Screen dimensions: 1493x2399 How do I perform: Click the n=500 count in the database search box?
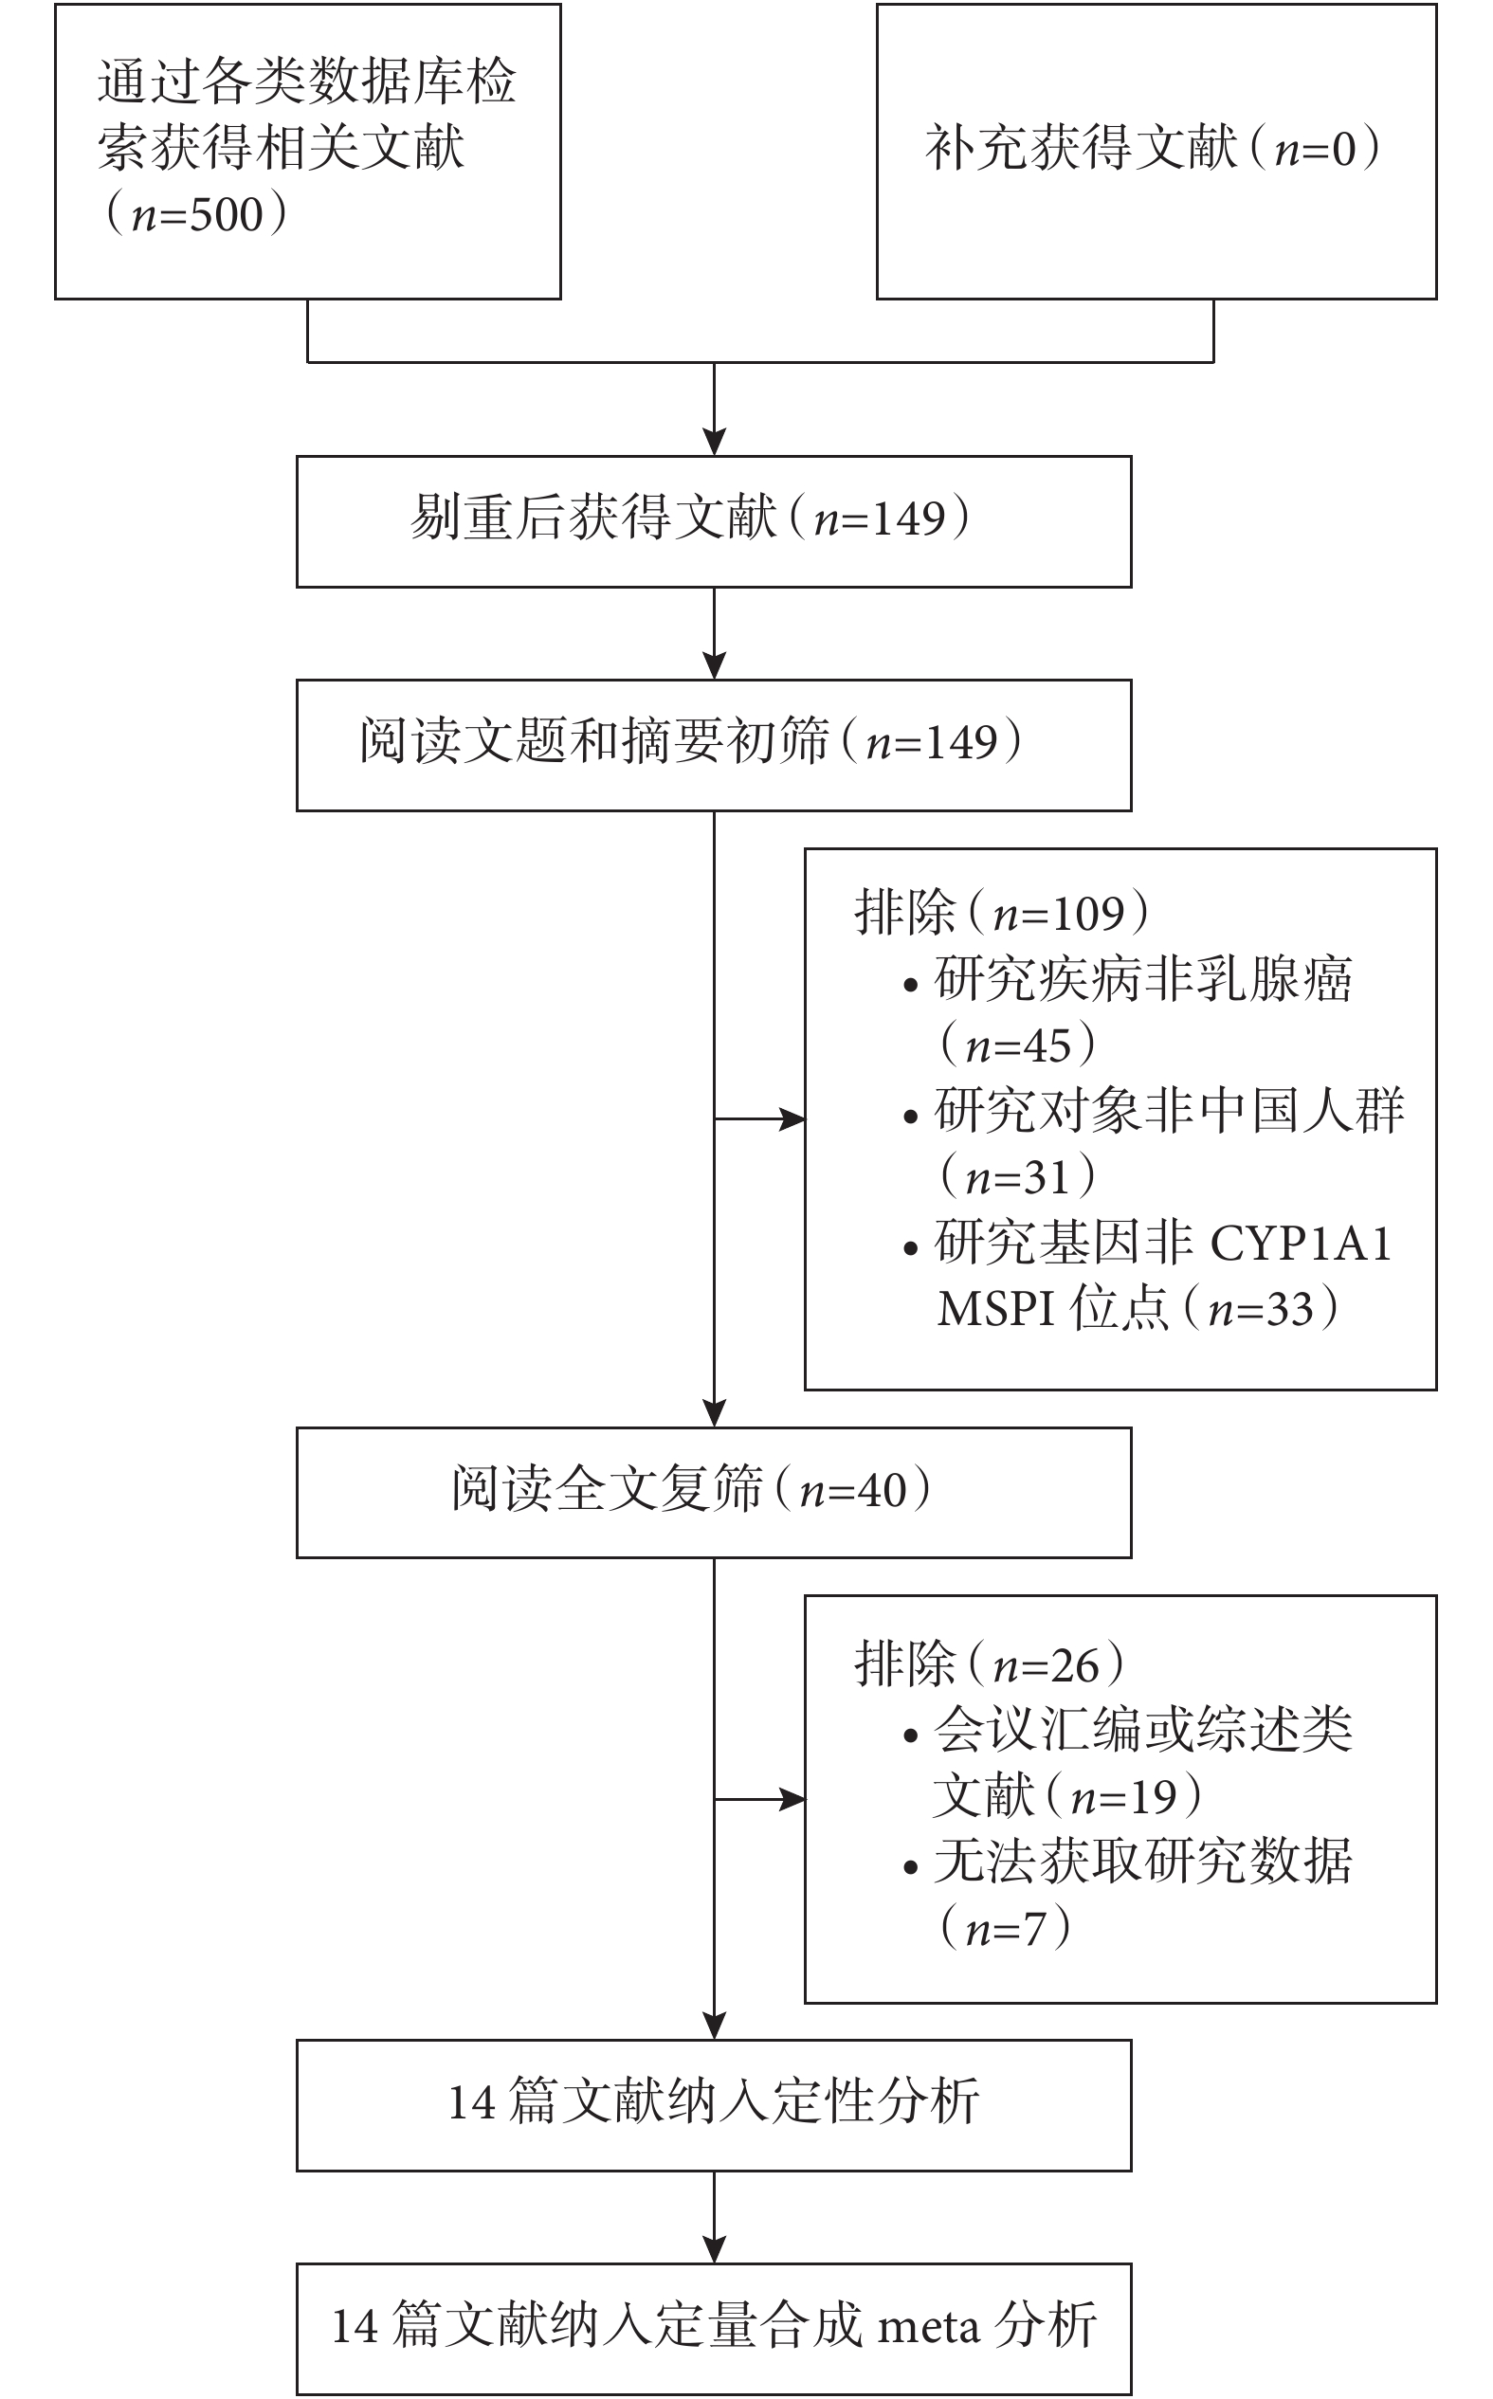point(196,214)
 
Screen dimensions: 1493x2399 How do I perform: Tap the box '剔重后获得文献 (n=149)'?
point(714,521)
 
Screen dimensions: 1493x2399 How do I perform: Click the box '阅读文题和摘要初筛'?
point(714,745)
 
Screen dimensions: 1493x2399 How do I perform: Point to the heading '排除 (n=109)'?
point(1001,913)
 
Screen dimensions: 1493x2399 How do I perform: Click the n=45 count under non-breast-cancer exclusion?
point(1018,1045)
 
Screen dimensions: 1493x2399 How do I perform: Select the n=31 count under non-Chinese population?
point(1018,1176)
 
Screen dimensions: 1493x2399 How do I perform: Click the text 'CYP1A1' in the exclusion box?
point(1302,1243)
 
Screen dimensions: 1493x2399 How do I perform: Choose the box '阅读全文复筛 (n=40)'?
point(714,1493)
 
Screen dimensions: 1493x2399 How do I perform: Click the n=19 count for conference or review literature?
point(1123,1796)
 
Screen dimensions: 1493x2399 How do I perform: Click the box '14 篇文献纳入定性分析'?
point(714,2105)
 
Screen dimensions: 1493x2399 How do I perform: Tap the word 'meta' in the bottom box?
point(928,2327)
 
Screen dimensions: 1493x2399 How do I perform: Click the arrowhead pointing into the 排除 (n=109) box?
point(792,1119)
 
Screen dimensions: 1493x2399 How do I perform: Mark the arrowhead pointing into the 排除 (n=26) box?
point(792,1800)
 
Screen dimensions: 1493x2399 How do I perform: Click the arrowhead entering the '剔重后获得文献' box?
point(714,443)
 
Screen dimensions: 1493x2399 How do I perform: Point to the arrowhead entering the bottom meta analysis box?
point(714,2250)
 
